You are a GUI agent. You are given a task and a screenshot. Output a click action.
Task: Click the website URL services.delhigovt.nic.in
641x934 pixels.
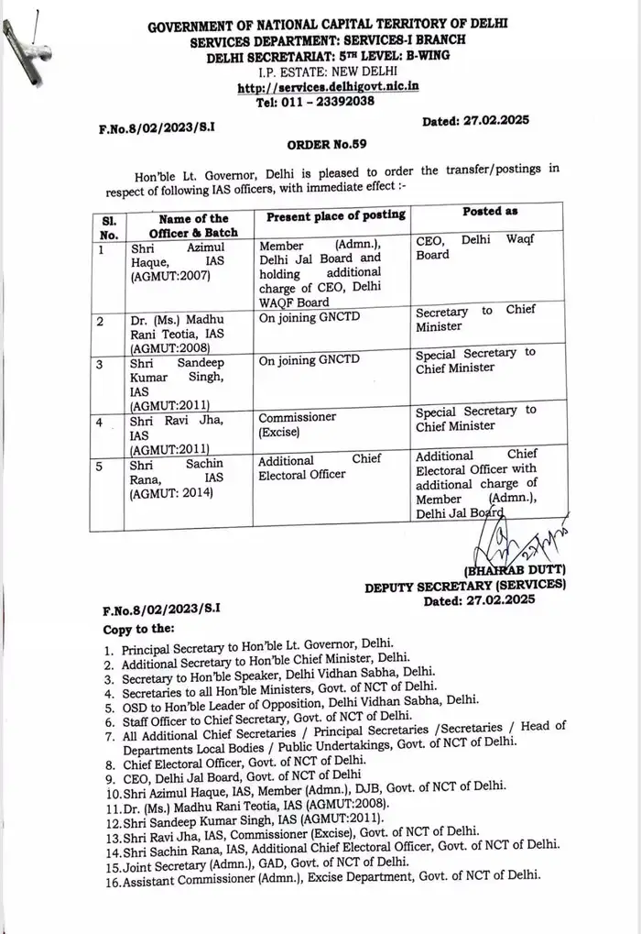(328, 88)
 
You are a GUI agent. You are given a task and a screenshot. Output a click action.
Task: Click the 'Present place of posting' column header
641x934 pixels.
(335, 214)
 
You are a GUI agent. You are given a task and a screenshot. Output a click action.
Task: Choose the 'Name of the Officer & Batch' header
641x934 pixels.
(193, 225)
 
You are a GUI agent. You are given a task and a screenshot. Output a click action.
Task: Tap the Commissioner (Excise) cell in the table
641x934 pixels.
(297, 423)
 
